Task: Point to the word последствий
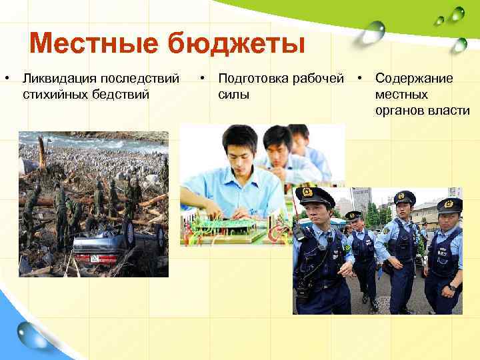141,79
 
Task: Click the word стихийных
51,94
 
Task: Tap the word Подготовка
257,79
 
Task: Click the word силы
233,94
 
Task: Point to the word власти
450,110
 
